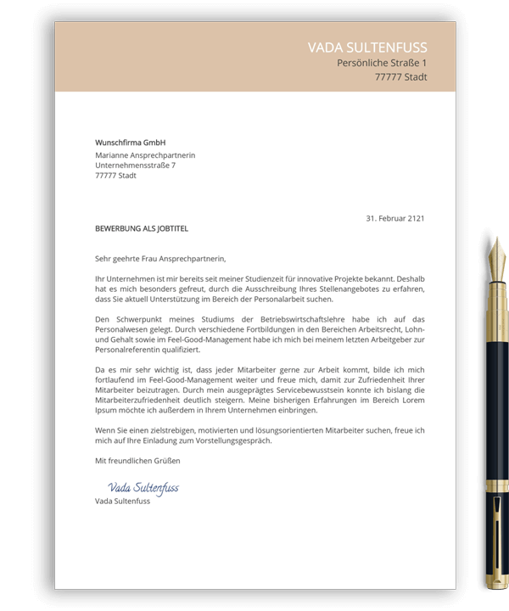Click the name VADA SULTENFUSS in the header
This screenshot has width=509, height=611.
(x=367, y=48)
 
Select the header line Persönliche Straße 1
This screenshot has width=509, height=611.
(x=382, y=64)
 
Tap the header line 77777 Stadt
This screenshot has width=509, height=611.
(x=400, y=77)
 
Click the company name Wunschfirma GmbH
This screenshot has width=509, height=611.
(x=130, y=143)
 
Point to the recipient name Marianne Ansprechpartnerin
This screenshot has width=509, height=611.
(x=145, y=155)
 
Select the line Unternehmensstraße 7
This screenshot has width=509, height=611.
(x=135, y=165)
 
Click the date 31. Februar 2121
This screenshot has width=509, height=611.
(x=394, y=218)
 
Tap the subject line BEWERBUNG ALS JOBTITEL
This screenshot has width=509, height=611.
(x=142, y=229)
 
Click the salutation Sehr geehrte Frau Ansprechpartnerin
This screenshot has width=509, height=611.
(x=161, y=258)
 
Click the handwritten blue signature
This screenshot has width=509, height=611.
(x=143, y=489)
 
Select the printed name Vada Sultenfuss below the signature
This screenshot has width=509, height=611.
(x=122, y=501)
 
